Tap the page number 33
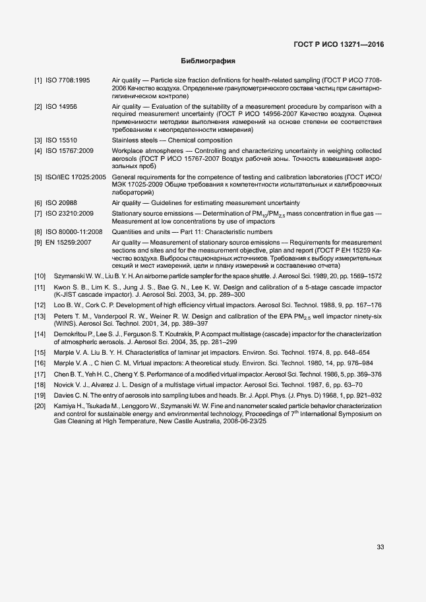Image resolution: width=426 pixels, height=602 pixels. coord(380,546)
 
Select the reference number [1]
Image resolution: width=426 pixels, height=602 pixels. coord(38,80)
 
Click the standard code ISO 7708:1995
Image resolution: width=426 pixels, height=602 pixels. coord(68,80)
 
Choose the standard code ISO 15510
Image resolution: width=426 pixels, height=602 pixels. coord(61,140)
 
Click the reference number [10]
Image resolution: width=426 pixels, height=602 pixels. coord(40,276)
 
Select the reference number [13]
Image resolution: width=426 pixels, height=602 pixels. coord(40,316)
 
